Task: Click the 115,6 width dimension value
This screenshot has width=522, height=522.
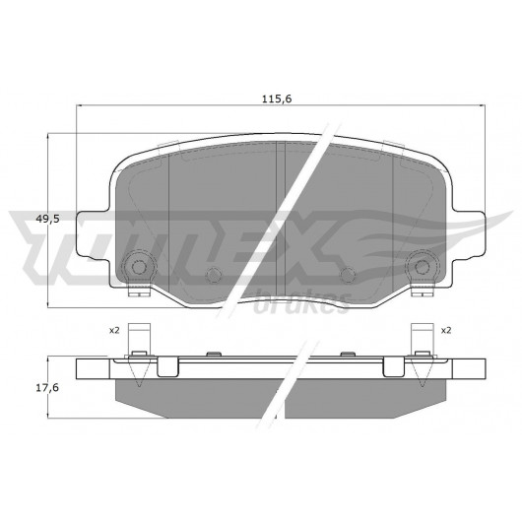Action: (x=277, y=98)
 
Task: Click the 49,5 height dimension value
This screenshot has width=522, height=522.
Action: (x=47, y=219)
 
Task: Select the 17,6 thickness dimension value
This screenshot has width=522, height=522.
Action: (x=47, y=387)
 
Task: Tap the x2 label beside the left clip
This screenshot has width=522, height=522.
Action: (x=114, y=331)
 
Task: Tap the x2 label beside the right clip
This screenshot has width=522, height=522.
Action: (x=446, y=331)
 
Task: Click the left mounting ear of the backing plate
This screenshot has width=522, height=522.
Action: (x=94, y=235)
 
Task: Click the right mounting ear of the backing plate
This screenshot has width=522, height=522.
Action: (x=469, y=235)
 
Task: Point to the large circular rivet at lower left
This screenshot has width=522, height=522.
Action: (x=139, y=266)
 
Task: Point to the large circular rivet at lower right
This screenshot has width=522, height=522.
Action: (x=423, y=266)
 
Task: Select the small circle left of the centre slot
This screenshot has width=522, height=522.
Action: (x=214, y=275)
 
